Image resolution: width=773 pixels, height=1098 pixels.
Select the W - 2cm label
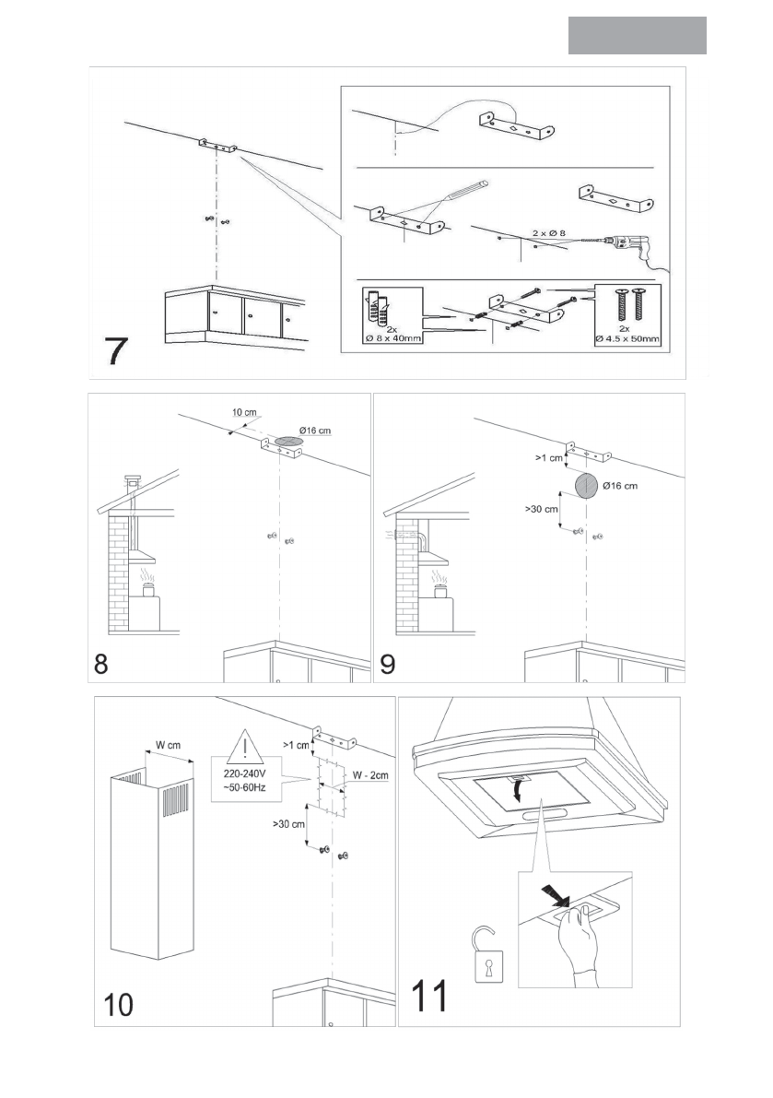point(369,775)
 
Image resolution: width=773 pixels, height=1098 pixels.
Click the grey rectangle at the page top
point(637,35)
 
